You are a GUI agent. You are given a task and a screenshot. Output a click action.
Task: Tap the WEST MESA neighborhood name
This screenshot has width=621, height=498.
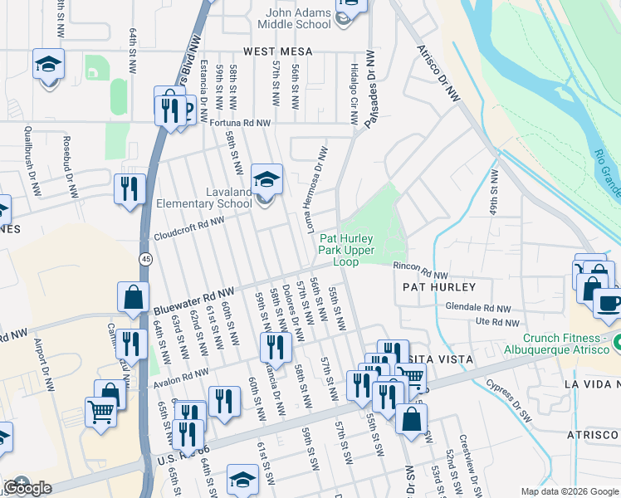tap(278, 51)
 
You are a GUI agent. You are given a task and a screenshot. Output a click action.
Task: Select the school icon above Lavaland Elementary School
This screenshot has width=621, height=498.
tap(266, 179)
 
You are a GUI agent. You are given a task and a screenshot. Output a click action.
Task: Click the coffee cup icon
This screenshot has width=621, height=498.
tap(609, 302)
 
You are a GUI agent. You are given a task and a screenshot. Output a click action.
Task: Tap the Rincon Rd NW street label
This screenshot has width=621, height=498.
tap(420, 271)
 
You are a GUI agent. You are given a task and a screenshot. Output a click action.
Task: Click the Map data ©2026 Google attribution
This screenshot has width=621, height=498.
tap(569, 491)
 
